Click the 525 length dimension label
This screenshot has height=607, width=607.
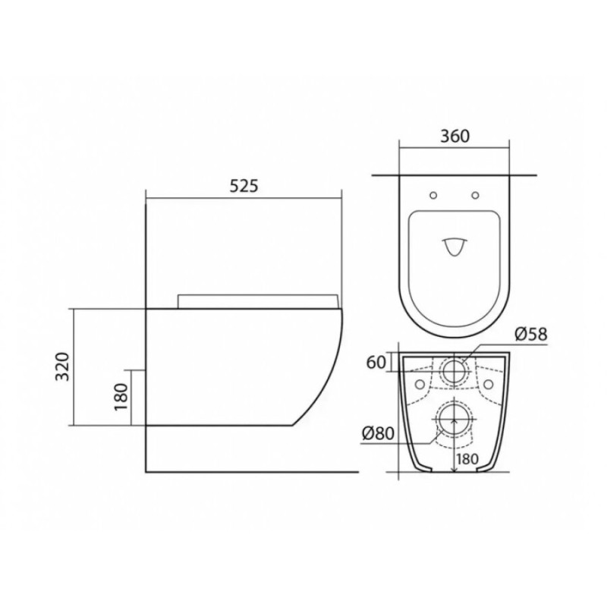click(x=244, y=186)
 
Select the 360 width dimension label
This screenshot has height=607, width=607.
click(x=454, y=136)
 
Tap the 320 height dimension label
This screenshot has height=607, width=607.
click(x=62, y=366)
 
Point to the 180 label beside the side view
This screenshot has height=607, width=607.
click(x=121, y=397)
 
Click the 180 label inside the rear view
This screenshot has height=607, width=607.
click(x=467, y=459)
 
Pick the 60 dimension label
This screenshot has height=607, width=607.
click(x=376, y=363)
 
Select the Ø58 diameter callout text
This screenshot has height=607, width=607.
click(x=531, y=334)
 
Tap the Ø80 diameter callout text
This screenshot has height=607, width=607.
click(x=378, y=433)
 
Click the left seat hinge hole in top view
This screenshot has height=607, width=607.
click(x=433, y=196)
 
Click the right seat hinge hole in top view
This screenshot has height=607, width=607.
click(x=476, y=196)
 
